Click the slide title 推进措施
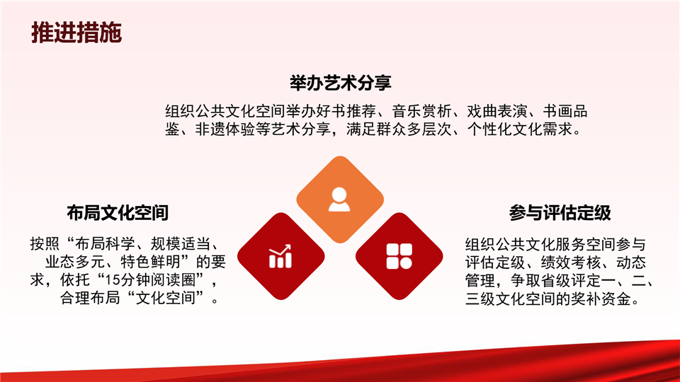click(76, 33)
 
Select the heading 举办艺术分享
click(341, 83)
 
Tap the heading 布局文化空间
click(118, 213)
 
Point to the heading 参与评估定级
click(560, 213)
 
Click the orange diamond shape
click(340, 199)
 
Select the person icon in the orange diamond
click(339, 199)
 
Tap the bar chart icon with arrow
click(280, 256)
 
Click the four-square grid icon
click(399, 256)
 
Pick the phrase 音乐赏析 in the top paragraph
click(422, 111)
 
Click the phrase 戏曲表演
click(497, 111)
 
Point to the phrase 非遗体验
click(225, 129)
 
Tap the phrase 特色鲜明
click(150, 262)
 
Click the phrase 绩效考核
click(571, 262)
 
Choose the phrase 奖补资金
click(601, 299)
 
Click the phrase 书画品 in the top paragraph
click(565, 111)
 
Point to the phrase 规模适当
click(181, 244)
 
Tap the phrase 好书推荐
click(346, 111)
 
